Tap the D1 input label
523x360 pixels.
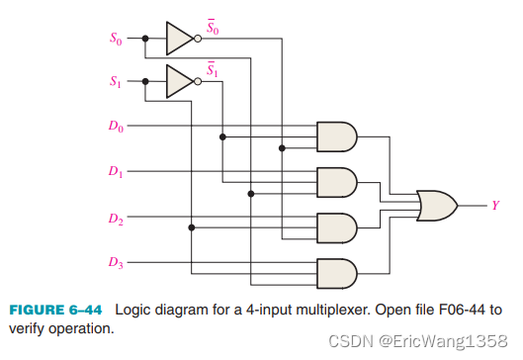[x=116, y=171]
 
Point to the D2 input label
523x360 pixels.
[x=116, y=218]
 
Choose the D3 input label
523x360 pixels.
[x=116, y=263]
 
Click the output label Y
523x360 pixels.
[x=495, y=206]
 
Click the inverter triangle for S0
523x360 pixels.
[x=180, y=40]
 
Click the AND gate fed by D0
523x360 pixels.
[x=336, y=136]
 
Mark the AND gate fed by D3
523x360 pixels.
[x=336, y=272]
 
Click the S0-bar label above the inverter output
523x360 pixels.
[x=213, y=25]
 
